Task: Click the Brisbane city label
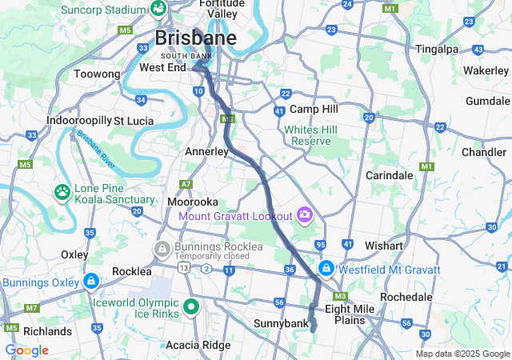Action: [x=195, y=38]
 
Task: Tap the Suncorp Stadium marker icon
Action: [x=158, y=9]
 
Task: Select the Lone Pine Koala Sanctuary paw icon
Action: [x=62, y=192]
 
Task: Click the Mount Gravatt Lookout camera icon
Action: [x=304, y=214]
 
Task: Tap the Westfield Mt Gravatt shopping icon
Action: [x=326, y=268]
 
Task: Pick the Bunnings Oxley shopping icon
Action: [x=91, y=282]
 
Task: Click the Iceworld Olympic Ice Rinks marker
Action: [x=191, y=306]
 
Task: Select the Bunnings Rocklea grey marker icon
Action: [x=162, y=250]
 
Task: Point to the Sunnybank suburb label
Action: [x=280, y=323]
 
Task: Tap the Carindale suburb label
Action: [x=389, y=174]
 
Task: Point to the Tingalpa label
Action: [x=437, y=49]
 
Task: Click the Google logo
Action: [x=26, y=350]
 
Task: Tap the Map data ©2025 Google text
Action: [x=462, y=354]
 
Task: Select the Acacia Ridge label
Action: [x=198, y=345]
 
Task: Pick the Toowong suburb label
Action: [x=97, y=74]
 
